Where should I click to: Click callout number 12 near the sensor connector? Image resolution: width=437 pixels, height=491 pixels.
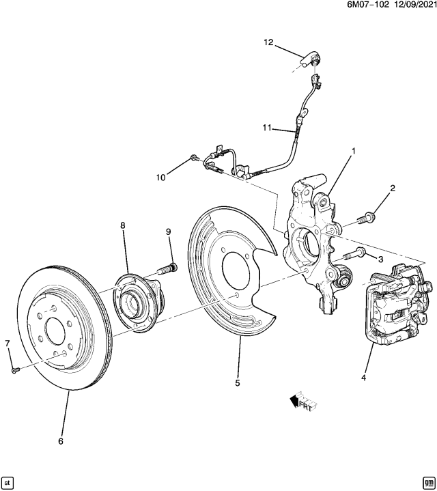(x=268, y=42)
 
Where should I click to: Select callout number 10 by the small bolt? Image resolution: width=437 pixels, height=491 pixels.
(x=161, y=178)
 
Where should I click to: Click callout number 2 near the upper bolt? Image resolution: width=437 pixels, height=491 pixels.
(x=392, y=188)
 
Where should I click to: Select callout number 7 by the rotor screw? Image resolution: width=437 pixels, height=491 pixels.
(x=8, y=342)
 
